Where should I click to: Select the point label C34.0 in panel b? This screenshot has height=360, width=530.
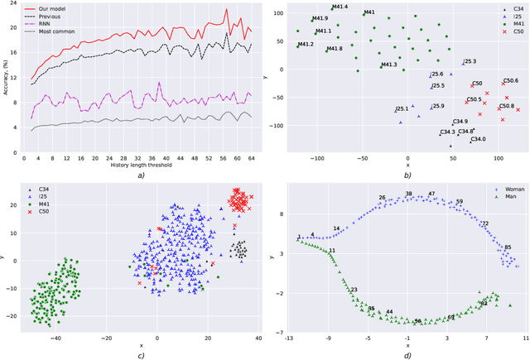point(478,139)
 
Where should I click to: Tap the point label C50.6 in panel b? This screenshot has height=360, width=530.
point(510,80)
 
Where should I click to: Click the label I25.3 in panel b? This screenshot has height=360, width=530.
point(470,61)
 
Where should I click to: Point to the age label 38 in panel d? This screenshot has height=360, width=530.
point(408,194)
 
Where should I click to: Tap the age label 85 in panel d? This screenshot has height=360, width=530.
point(508,247)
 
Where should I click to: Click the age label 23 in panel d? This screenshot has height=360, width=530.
point(354,290)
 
